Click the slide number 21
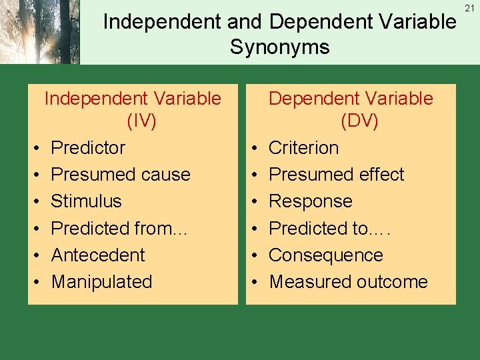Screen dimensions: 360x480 pos(469,7)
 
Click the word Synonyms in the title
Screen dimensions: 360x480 pos(279,47)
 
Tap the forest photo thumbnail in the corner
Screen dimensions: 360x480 pos(39,32)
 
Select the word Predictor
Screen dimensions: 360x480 pos(88,147)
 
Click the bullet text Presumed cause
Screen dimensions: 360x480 pos(121,175)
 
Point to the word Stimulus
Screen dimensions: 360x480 pos(86,201)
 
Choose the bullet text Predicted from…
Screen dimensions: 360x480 pos(121,229)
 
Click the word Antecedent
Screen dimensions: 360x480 pos(98,255)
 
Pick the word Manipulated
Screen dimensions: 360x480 pos(101,282)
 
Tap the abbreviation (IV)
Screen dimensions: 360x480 pos(132,122)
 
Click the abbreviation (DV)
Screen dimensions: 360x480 pos(351,122)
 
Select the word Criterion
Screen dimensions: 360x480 pos(303,147)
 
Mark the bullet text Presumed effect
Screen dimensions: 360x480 pos(336,175)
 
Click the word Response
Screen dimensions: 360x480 pos(310,201)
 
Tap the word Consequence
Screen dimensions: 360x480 pos(325,255)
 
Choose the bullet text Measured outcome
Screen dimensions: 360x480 pos(348,282)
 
